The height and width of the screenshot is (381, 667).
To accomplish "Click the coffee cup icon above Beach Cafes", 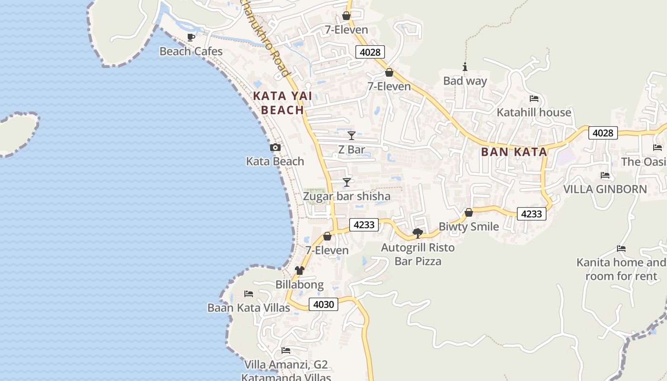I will [x=191, y=37].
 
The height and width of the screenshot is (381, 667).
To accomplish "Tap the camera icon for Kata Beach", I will [x=275, y=148].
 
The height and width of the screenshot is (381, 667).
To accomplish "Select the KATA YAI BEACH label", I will [x=283, y=103].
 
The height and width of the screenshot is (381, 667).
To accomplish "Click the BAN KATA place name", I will [x=514, y=152].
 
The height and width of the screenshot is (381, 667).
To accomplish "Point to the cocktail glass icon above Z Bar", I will [x=352, y=136].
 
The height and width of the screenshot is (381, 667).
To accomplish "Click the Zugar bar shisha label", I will [x=347, y=196].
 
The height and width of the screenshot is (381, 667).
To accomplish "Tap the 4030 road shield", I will [x=324, y=304].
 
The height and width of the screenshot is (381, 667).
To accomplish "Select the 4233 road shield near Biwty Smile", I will [x=531, y=214].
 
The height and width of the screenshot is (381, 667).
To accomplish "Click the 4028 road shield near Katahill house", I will [x=603, y=133].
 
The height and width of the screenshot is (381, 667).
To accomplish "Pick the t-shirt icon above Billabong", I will [x=299, y=271].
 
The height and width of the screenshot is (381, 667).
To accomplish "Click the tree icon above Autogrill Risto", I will [x=418, y=233].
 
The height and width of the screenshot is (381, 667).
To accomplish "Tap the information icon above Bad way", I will [x=465, y=67].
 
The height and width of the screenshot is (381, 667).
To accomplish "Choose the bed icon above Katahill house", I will [x=534, y=99].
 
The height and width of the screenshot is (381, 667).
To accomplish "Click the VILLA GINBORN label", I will [x=605, y=189].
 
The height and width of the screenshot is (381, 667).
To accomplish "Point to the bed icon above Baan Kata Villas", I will [x=249, y=294].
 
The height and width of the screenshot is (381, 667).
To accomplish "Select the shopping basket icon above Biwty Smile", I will [x=469, y=212].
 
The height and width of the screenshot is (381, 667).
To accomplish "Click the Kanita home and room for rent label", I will [x=621, y=269].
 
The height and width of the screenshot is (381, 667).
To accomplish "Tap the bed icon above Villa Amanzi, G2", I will [x=286, y=351].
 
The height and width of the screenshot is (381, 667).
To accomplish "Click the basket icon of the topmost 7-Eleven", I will [x=346, y=16].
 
